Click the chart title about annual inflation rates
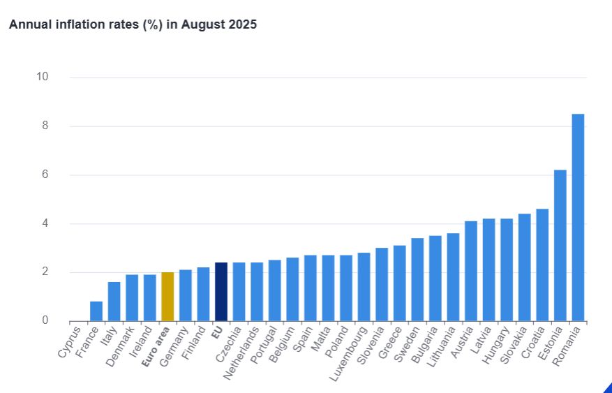[133, 25]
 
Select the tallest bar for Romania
[578, 217]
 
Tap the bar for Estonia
[560, 245]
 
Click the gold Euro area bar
[167, 297]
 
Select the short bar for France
[96, 311]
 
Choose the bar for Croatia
[542, 265]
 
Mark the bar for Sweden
[417, 279]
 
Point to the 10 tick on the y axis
[43, 77]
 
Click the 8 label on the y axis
[45, 126]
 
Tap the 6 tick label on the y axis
[45, 175]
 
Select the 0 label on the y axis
[45, 320]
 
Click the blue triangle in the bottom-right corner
[608, 387]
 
